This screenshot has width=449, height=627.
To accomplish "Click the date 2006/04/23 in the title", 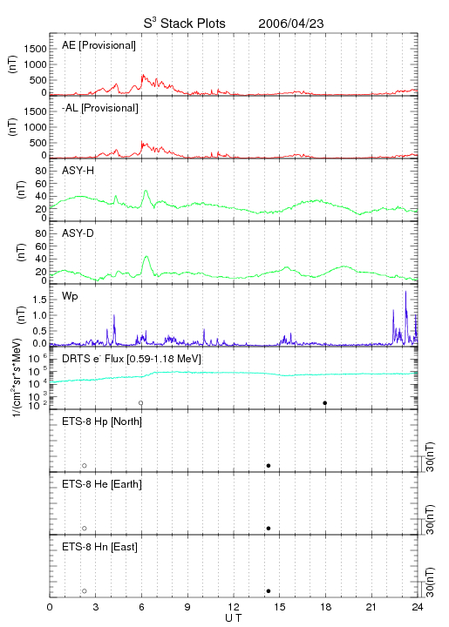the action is tap(291, 24).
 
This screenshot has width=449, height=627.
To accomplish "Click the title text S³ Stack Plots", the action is tap(185, 24).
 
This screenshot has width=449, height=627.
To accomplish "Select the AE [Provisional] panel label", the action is tap(99, 45).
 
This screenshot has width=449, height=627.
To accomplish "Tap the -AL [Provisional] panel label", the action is tap(100, 108).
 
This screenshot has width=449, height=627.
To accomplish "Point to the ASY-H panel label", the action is tap(78, 171).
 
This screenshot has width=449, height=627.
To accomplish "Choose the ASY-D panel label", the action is tap(78, 233).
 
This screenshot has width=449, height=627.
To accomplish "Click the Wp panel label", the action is tap(70, 296).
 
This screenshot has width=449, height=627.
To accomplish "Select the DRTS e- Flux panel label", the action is tap(132, 359).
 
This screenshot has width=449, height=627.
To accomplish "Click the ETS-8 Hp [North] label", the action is tap(102, 421).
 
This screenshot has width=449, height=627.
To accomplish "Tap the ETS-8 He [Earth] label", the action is tap(102, 484).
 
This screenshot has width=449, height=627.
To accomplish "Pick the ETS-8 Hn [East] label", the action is tap(99, 547).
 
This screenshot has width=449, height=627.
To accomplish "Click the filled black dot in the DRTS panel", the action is tap(325, 403).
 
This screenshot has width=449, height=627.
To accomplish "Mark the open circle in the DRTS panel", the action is tap(141, 403).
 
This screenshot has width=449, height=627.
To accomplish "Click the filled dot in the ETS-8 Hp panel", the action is tap(269, 465).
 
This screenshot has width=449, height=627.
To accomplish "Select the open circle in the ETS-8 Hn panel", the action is tap(85, 591).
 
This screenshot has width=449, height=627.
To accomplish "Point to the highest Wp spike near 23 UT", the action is tap(405, 292).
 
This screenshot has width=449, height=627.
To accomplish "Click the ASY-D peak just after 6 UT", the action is tap(146, 256).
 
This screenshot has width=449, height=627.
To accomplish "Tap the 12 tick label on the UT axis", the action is tap(235, 607).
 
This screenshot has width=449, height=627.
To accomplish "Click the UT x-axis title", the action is tap(234, 618).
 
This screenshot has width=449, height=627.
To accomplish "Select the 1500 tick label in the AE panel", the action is tap(35, 49).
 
